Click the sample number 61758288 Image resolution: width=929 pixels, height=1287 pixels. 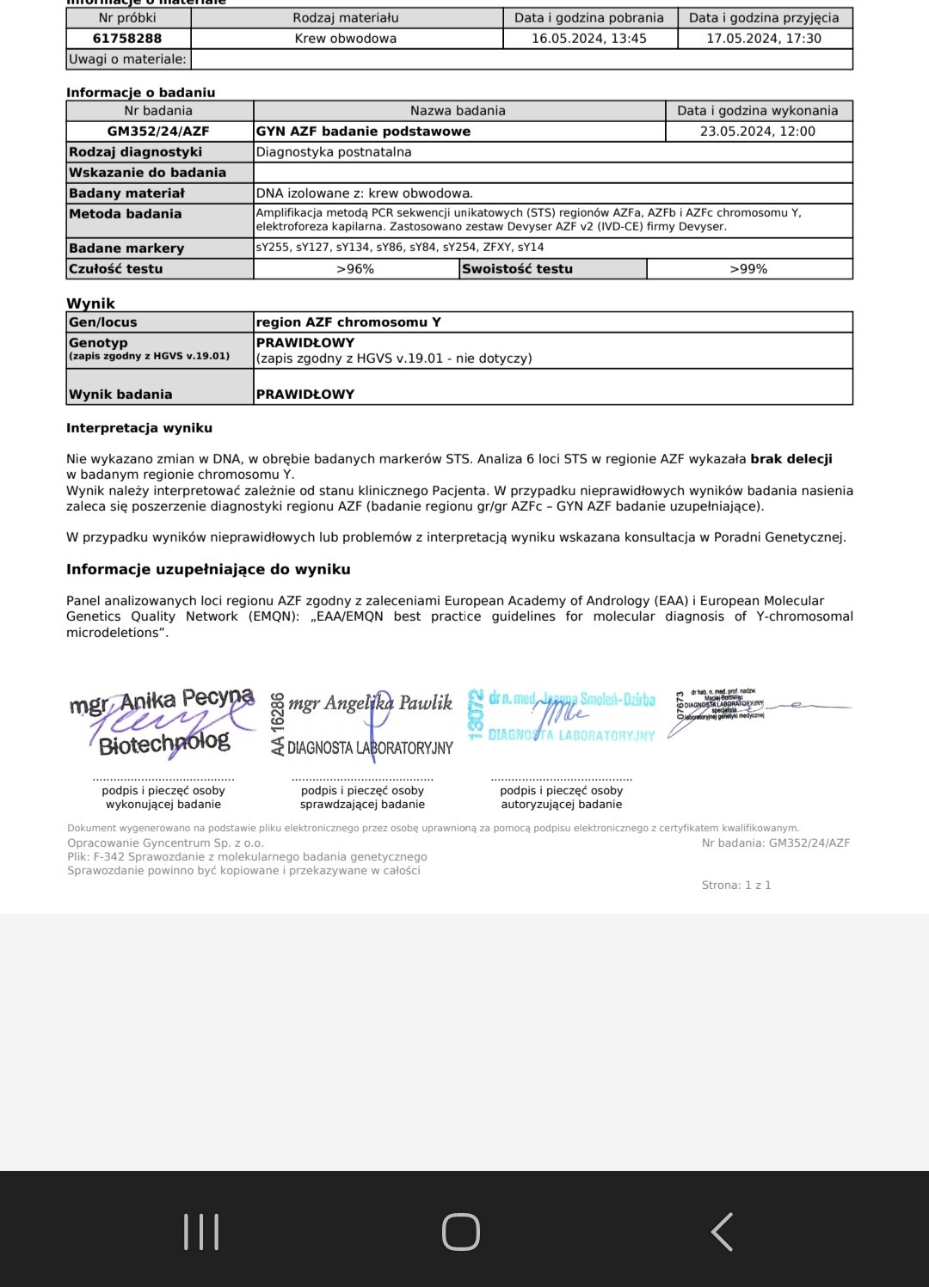coord(127,39)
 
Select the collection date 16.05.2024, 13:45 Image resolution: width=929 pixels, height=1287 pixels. coord(589,39)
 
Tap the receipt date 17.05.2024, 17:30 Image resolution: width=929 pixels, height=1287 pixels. coord(764,39)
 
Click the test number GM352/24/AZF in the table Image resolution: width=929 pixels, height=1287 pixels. coord(158,132)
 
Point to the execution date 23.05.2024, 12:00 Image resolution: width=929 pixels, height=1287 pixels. coord(758,132)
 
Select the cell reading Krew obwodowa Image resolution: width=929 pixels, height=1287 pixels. coord(346,39)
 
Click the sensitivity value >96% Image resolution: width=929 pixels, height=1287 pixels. coord(355,269)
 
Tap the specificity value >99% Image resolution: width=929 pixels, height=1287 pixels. coord(748,269)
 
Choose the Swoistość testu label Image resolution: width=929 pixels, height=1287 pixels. coord(517,269)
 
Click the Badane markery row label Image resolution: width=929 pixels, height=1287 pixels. coord(126,248)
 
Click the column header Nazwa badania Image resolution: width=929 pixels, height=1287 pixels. coord(458,111)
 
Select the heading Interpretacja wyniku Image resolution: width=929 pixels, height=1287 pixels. coord(139,428)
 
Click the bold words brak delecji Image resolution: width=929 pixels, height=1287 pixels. coord(791,459)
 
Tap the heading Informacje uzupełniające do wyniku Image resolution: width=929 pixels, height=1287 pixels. coord(208,569)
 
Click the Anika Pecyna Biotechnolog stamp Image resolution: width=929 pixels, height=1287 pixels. coord(163,722)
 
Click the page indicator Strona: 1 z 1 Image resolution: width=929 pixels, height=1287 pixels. coord(736,885)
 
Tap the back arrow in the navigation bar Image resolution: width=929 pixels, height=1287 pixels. coord(722,1231)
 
